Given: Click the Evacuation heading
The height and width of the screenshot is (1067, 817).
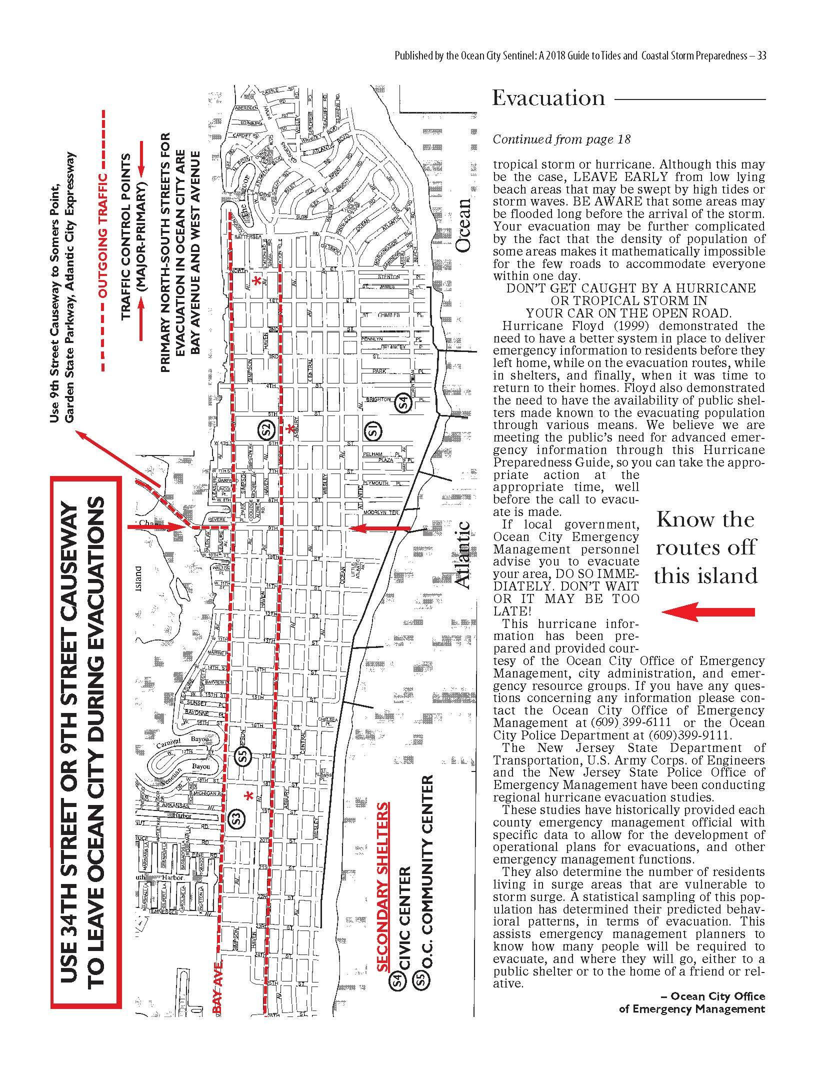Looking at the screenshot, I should click(x=548, y=98).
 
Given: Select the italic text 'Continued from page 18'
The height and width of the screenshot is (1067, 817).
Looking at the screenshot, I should click(x=561, y=139).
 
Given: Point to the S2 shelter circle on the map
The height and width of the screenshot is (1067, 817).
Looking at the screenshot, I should click(x=265, y=428).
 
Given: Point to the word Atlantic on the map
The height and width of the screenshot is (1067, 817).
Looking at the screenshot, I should click(x=463, y=554).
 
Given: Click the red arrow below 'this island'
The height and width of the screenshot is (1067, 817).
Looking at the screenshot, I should click(x=707, y=612).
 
